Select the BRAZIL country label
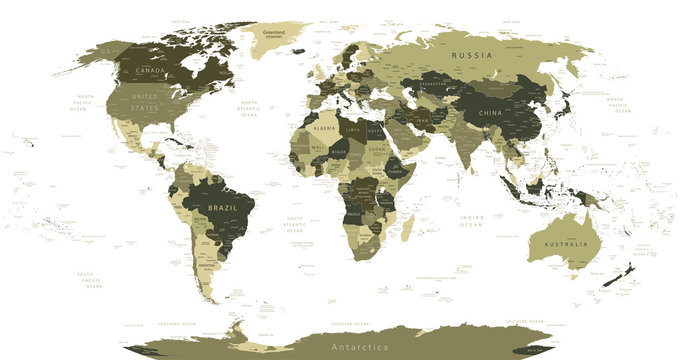(x=222, y=208)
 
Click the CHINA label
(x=491, y=113)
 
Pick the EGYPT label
(x=376, y=131)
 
